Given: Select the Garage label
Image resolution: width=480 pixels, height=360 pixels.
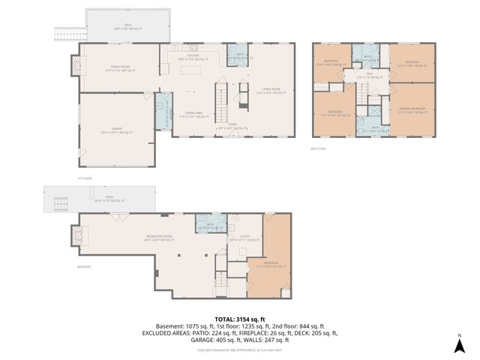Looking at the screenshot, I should (x=116, y=130).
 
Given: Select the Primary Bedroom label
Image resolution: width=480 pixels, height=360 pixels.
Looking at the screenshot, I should (x=412, y=109).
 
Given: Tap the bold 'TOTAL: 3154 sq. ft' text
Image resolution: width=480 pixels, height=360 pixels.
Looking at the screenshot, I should (x=240, y=318).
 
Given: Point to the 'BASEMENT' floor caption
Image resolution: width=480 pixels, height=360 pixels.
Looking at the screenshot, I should (x=84, y=267).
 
